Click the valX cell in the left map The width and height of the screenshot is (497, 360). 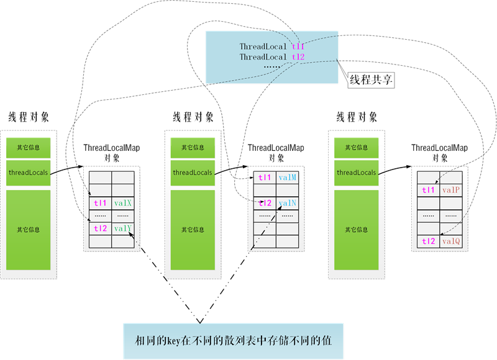(x=122, y=203)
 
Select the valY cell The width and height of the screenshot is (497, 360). (x=122, y=228)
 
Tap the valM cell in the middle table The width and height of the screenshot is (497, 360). (x=288, y=178)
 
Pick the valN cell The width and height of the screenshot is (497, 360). (x=288, y=203)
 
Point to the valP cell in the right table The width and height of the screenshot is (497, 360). (x=451, y=190)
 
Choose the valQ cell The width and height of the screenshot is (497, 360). (x=451, y=241)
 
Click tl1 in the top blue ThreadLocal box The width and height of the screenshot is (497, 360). (x=298, y=47)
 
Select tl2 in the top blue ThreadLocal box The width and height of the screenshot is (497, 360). (x=298, y=57)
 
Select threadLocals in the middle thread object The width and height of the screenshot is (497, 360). (x=192, y=173)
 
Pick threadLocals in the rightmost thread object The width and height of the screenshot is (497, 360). (x=356, y=173)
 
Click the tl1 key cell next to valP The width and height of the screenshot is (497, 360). (x=428, y=190)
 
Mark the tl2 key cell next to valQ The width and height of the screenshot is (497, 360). (x=428, y=241)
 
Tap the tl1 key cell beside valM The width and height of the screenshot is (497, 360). (x=265, y=178)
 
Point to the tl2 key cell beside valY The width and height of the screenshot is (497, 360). (x=100, y=228)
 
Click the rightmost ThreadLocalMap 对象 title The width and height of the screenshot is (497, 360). (x=440, y=153)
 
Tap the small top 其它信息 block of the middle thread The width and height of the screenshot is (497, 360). (x=192, y=148)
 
